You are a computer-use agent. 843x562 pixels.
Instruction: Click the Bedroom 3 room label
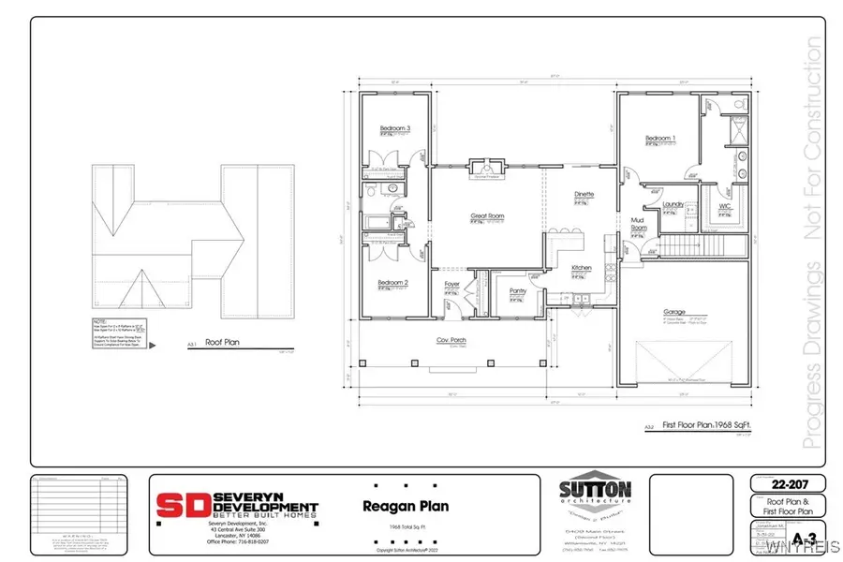(395, 127)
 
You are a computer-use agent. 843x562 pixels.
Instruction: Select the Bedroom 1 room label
(661, 140)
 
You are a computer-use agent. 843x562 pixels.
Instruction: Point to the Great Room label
(487, 216)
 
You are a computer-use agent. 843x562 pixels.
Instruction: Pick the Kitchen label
(583, 269)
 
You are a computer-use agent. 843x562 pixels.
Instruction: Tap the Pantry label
(518, 290)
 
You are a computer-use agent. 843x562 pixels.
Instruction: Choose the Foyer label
(452, 282)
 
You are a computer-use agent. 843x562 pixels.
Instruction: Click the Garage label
(674, 312)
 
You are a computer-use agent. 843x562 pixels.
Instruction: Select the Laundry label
(673, 203)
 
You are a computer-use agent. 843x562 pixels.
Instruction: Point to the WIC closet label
(725, 205)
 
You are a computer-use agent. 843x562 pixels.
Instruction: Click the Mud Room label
(639, 224)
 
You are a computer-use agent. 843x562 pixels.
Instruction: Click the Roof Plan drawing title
(223, 343)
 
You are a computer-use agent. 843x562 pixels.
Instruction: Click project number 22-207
(786, 484)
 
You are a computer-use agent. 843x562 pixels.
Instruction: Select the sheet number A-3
(798, 539)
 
